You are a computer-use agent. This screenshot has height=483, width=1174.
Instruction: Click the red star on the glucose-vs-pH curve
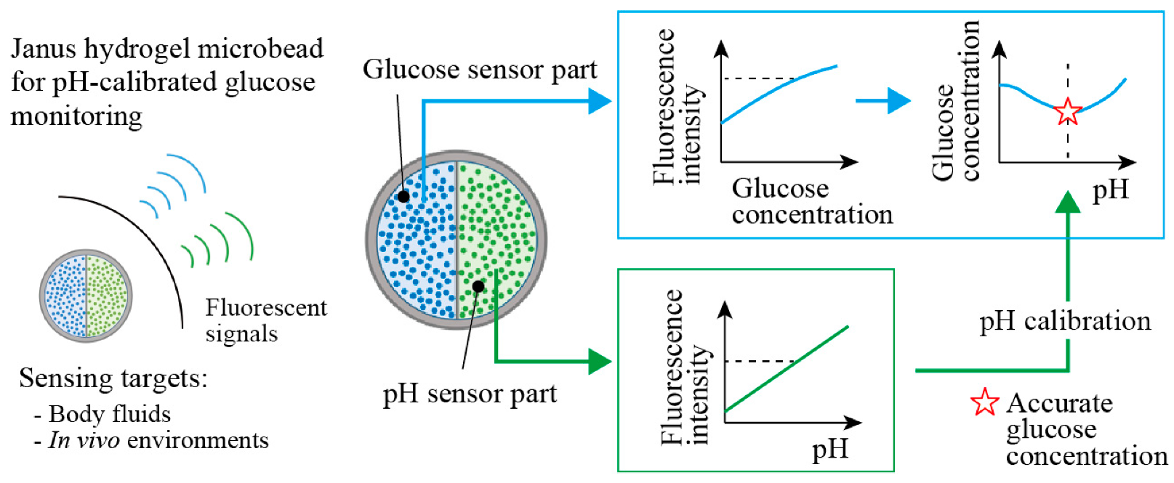coord(1067,112)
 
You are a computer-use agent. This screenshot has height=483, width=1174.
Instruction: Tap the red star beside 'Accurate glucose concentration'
coord(984,402)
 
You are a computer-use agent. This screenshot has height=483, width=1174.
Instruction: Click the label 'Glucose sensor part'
coord(479,70)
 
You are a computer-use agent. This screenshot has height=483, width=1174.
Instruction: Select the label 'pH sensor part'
coord(469,394)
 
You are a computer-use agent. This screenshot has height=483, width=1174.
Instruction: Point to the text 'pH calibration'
coord(1064,321)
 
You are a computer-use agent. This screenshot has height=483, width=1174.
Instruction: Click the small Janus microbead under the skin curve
coord(86,296)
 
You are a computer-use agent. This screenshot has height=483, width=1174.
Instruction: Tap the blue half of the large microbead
coord(416,240)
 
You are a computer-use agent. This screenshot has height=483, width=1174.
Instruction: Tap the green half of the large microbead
coord(498,240)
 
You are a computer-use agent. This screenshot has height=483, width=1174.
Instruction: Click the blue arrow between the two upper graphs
coord(882,100)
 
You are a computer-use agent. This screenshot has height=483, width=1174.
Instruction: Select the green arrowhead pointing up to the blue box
coord(1067,203)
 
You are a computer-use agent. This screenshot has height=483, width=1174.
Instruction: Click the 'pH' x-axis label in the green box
coord(829,449)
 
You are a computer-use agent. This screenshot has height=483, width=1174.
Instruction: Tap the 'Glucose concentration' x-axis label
coord(811,201)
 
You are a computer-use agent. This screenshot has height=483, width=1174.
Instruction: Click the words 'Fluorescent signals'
coord(265,320)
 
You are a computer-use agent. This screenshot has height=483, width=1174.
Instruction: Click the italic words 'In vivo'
coord(84,440)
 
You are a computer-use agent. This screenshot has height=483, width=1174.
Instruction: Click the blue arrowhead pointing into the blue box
coord(600,100)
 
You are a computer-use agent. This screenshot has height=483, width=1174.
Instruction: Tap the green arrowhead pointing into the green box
coord(600,361)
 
